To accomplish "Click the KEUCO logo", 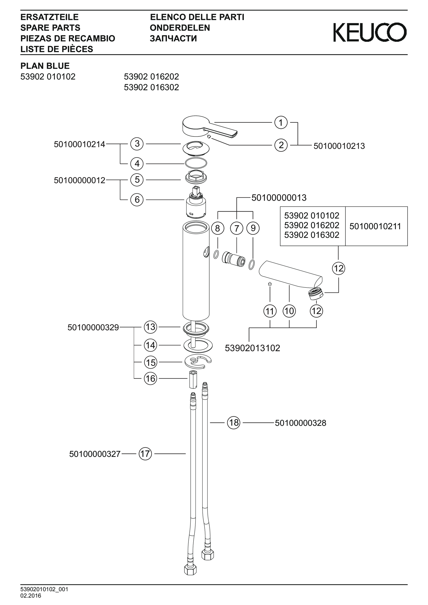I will tap(370, 32).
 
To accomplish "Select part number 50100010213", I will tap(339, 146).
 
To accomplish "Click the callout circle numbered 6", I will tap(137, 200).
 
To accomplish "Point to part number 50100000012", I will tap(79, 181).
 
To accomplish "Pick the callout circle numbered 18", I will tap(234, 423).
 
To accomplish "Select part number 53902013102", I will tap(252, 348).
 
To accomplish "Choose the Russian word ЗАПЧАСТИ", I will tap(173, 39).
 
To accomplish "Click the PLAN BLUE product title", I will tap(45, 66).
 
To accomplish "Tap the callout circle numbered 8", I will tap(218, 228).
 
